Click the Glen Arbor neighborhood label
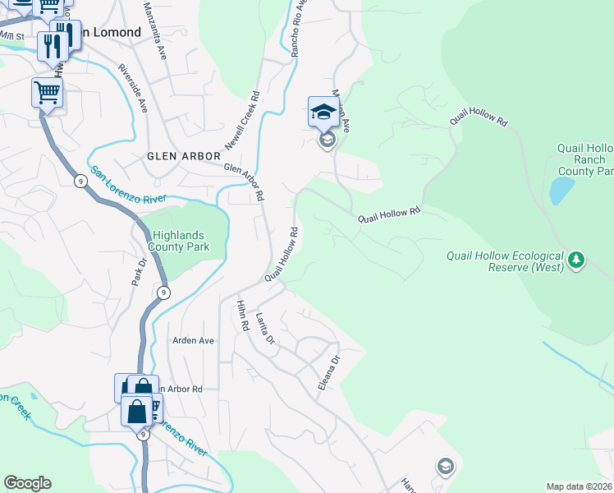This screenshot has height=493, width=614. click(x=184, y=156)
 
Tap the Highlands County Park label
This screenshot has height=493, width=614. click(x=179, y=241)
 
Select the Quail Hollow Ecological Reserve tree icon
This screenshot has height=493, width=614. click(x=577, y=260)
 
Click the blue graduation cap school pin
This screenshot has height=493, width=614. click(x=323, y=112)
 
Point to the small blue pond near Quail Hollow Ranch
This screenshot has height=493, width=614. click(x=561, y=191)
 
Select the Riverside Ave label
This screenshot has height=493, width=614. click(x=132, y=88)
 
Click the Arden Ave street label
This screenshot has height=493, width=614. click(x=193, y=340)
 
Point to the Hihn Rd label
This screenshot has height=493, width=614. click(x=241, y=315)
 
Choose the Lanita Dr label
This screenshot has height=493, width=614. click(x=263, y=328)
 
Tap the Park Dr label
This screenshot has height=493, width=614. click(x=138, y=273)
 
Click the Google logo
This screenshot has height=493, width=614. click(x=27, y=483)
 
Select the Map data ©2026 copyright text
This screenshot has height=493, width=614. click(x=579, y=486)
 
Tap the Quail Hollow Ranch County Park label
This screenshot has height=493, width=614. click(x=584, y=159)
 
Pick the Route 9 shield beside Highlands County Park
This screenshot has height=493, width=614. click(x=164, y=293)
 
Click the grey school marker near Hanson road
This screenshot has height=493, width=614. click(x=445, y=467)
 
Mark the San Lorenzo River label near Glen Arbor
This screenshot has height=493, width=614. click(x=128, y=184)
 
